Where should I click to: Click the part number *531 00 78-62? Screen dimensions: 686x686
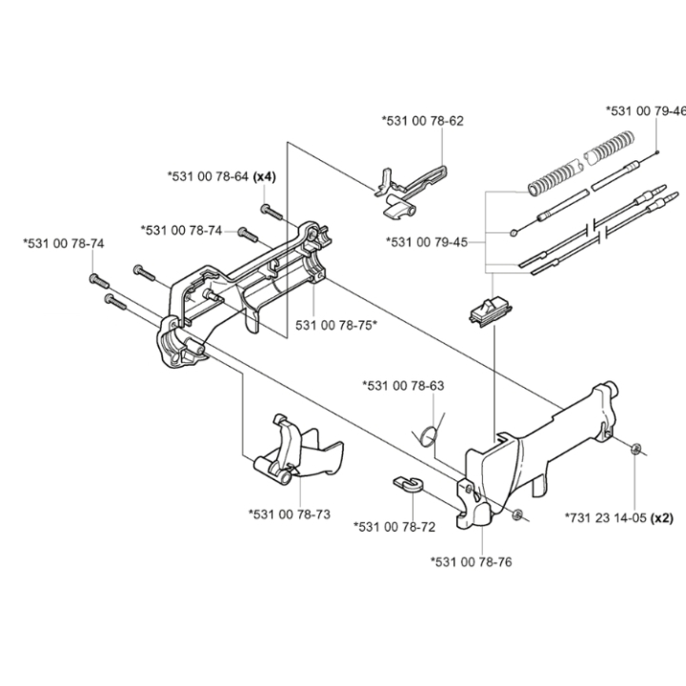422,121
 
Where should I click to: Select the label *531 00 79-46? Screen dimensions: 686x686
645,111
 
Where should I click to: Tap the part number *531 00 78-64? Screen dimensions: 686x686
207,176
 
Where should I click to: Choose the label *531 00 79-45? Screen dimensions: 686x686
426,242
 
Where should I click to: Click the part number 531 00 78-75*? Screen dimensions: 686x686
336,325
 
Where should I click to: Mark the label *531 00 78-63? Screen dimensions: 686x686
403,386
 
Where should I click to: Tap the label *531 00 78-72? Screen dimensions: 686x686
393,526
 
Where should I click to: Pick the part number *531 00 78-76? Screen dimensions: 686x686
471,562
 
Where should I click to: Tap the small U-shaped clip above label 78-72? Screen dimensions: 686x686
407,483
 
